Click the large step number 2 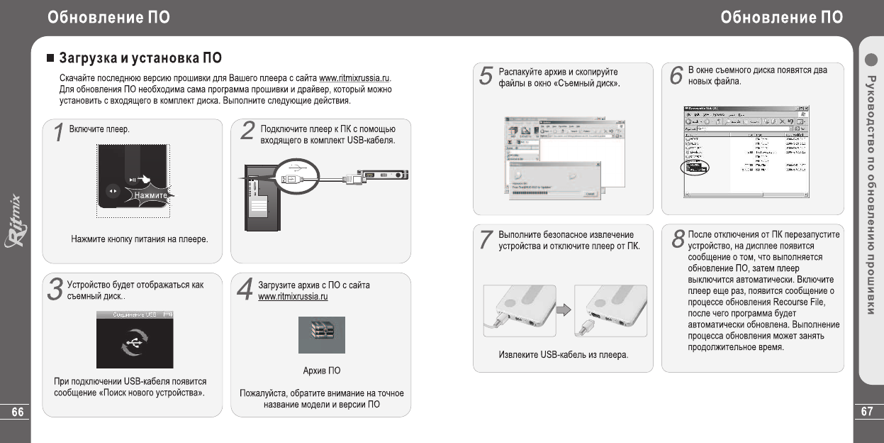click(247, 132)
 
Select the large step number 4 click(245, 290)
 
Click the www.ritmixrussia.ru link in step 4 click(293, 296)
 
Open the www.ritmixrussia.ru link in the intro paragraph click(355, 77)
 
